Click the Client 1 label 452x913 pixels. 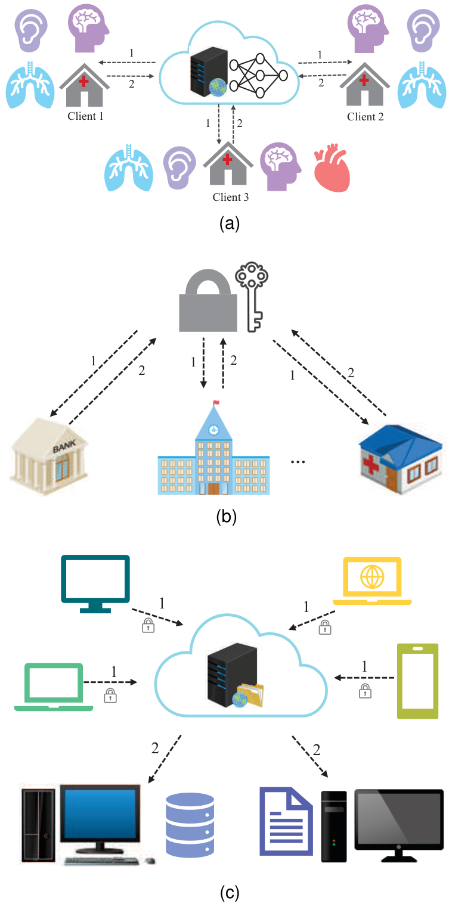85,116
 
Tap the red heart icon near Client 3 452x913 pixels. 332,169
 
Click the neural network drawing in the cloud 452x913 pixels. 259,76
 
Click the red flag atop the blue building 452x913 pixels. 216,402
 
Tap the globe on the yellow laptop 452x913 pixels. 373,576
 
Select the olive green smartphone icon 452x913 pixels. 417,681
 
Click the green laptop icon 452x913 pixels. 54,685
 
